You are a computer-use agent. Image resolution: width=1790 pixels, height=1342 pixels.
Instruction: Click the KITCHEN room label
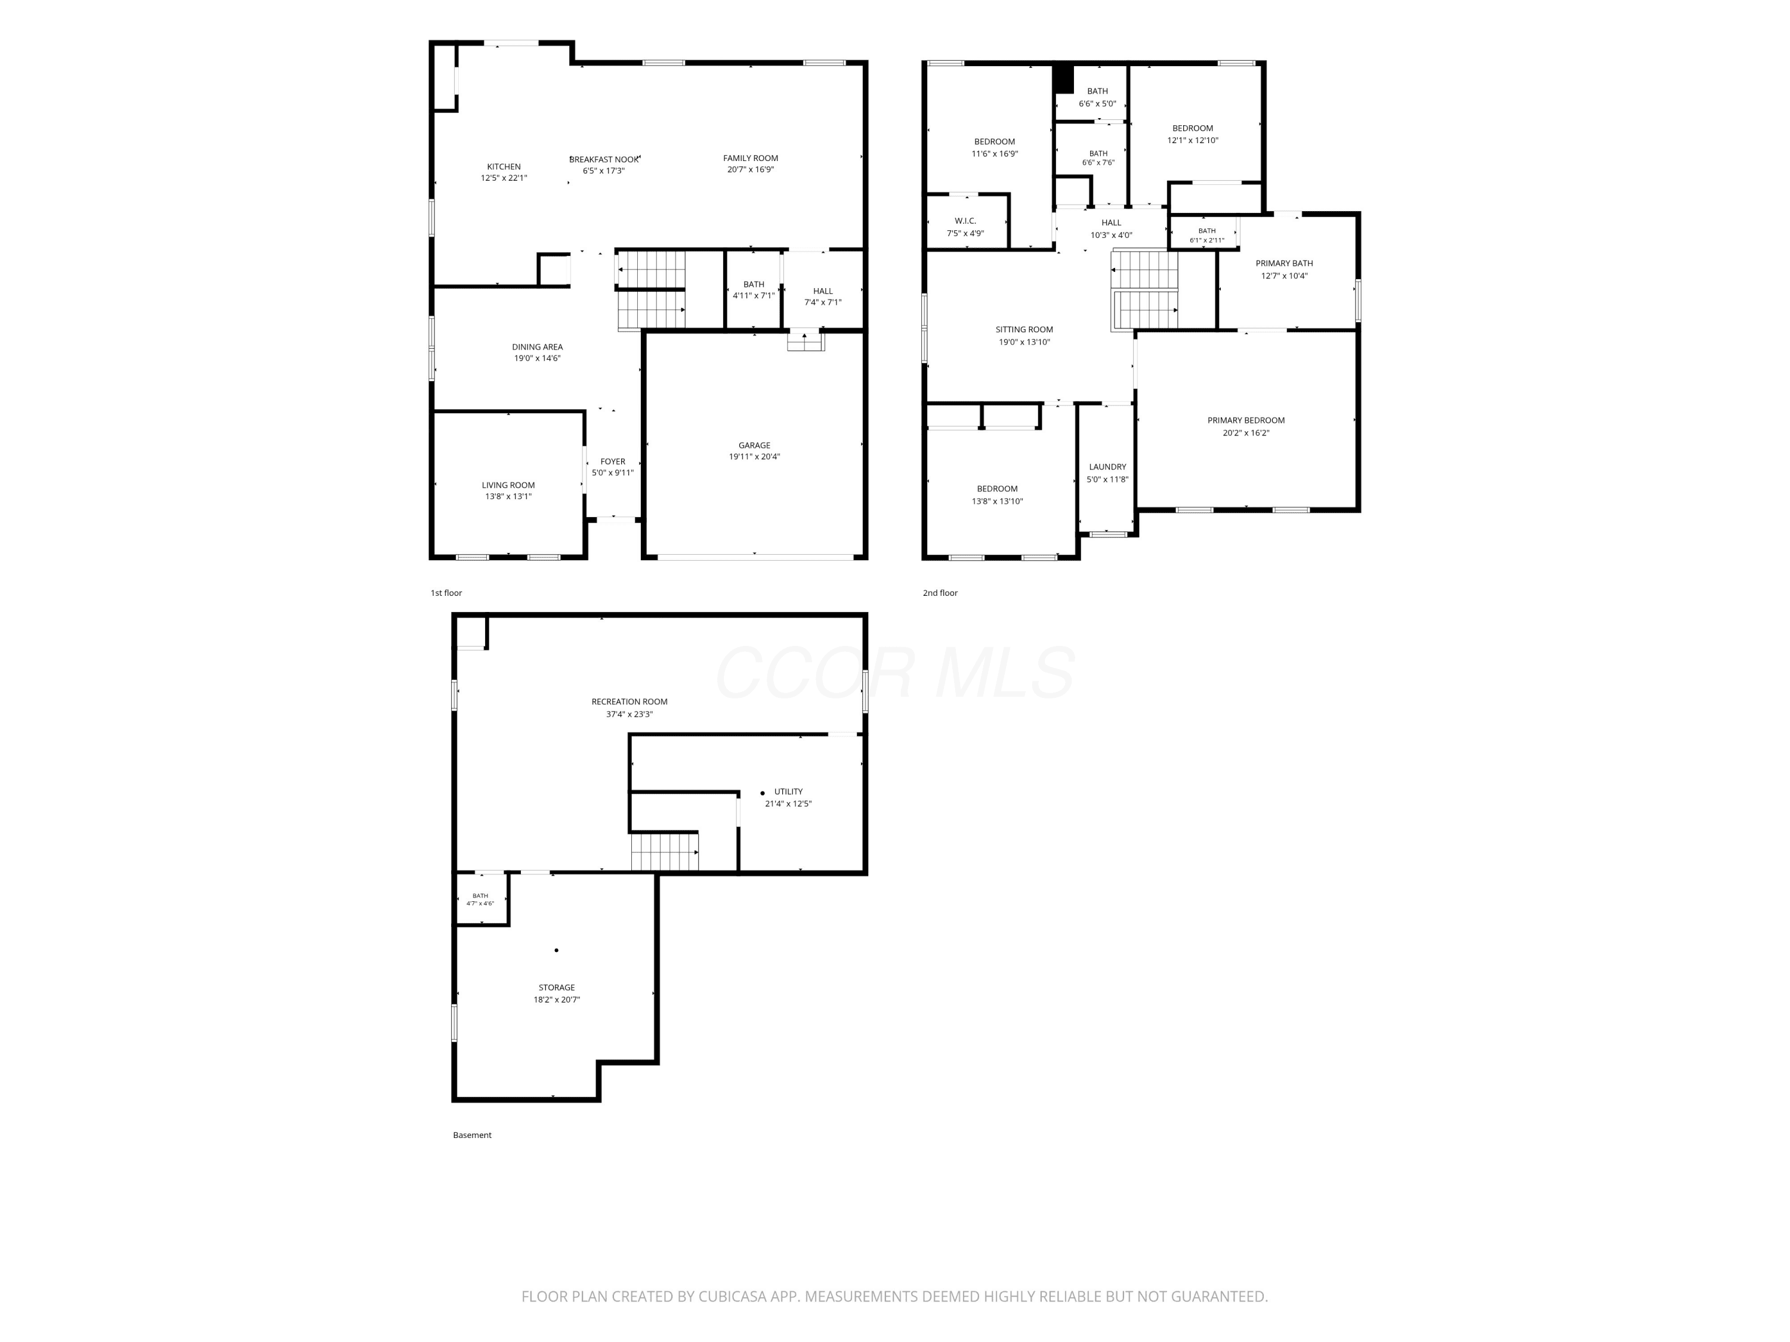pyautogui.click(x=504, y=166)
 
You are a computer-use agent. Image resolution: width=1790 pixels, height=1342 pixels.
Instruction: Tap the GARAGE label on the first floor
pyautogui.click(x=754, y=445)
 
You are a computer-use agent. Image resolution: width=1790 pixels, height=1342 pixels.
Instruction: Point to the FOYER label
pyautogui.click(x=613, y=462)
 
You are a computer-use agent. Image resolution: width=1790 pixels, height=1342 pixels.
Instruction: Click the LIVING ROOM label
pyautogui.click(x=508, y=486)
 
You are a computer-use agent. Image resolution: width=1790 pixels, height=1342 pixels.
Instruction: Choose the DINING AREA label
pyautogui.click(x=538, y=347)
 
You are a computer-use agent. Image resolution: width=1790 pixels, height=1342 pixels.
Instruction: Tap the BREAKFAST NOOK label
pyautogui.click(x=604, y=159)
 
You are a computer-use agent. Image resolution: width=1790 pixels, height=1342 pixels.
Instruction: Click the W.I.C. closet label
pyautogui.click(x=965, y=221)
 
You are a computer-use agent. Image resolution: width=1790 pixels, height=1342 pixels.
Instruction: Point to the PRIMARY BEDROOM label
pyautogui.click(x=1246, y=420)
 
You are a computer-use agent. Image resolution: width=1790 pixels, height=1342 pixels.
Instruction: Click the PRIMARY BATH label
pyautogui.click(x=1284, y=263)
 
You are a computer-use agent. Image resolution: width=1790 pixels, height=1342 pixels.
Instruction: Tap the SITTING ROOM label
pyautogui.click(x=1024, y=329)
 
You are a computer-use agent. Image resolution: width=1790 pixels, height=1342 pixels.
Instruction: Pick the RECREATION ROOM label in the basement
pyautogui.click(x=629, y=701)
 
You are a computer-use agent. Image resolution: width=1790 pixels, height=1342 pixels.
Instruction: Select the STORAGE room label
pyautogui.click(x=557, y=987)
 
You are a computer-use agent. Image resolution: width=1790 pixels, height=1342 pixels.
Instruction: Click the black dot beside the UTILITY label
pyautogui.click(x=763, y=793)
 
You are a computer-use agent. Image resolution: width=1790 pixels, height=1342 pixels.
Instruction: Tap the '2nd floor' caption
pyautogui.click(x=940, y=593)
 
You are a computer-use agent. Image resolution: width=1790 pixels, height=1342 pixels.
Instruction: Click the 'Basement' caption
pyautogui.click(x=473, y=1135)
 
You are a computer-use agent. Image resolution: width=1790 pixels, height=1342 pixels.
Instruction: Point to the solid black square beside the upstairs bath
pyautogui.click(x=1063, y=79)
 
